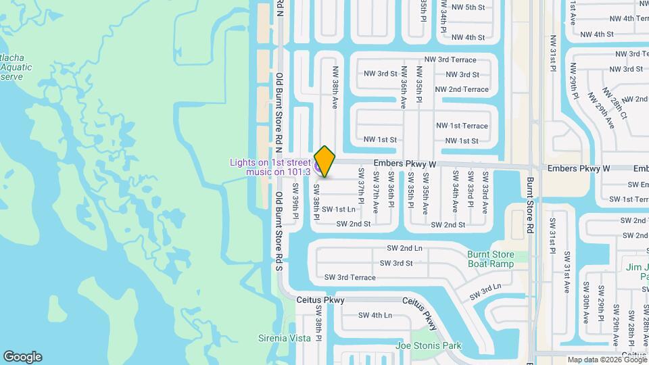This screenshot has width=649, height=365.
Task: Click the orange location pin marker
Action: pyautogui.click(x=325, y=162)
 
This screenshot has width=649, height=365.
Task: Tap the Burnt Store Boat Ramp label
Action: pyautogui.click(x=490, y=259)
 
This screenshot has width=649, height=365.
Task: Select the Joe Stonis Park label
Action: pyautogui.click(x=428, y=346)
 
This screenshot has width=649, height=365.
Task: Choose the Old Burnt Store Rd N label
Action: pyautogui.click(x=279, y=108)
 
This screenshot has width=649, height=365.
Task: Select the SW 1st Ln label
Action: pyautogui.click(x=338, y=210)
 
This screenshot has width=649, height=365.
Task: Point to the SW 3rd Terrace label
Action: pyautogui.click(x=350, y=278)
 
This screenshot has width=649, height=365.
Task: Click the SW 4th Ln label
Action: pyautogui.click(x=375, y=315)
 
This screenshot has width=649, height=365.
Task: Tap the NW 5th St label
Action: pyautogui.click(x=468, y=7)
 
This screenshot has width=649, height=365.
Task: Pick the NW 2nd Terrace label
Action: pyautogui.click(x=462, y=89)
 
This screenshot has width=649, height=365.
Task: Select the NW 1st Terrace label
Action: pyautogui.click(x=462, y=126)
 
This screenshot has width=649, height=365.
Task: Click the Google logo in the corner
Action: pyautogui.click(x=22, y=357)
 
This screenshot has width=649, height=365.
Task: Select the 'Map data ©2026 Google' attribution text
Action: pyautogui.click(x=606, y=360)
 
